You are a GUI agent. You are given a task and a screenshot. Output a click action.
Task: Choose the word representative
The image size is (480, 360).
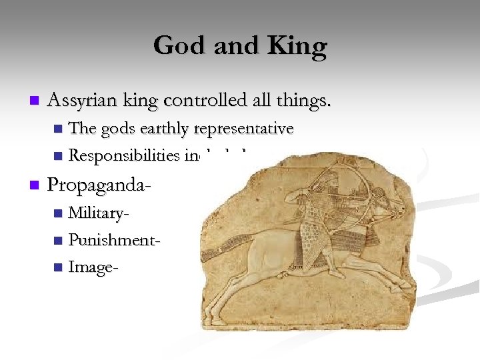[x=243, y=129]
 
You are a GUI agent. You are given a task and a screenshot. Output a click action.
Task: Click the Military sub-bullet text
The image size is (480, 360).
[x=99, y=213]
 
